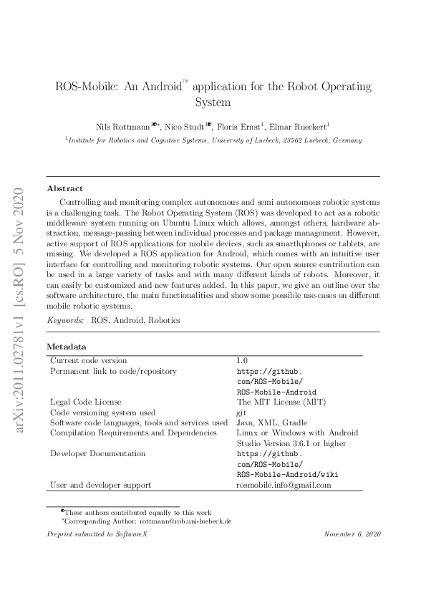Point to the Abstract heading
(x=64, y=188)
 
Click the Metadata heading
(x=67, y=347)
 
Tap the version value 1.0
(x=241, y=360)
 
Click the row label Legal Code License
(x=85, y=402)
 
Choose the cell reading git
(x=241, y=413)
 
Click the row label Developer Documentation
(x=97, y=453)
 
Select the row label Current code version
(x=88, y=360)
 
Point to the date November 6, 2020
(x=352, y=534)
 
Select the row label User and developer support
(x=100, y=485)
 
